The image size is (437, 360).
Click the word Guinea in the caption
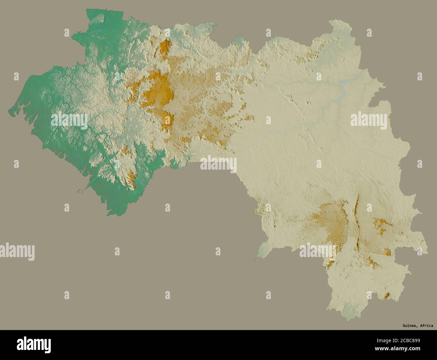(x=410, y=325)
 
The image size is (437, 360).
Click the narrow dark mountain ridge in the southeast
(x=356, y=219)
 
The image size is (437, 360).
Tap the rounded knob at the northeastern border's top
(x=336, y=25)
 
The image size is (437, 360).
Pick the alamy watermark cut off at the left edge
(x=17, y=251)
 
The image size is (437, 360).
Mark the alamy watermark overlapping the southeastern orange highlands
(x=318, y=251)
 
